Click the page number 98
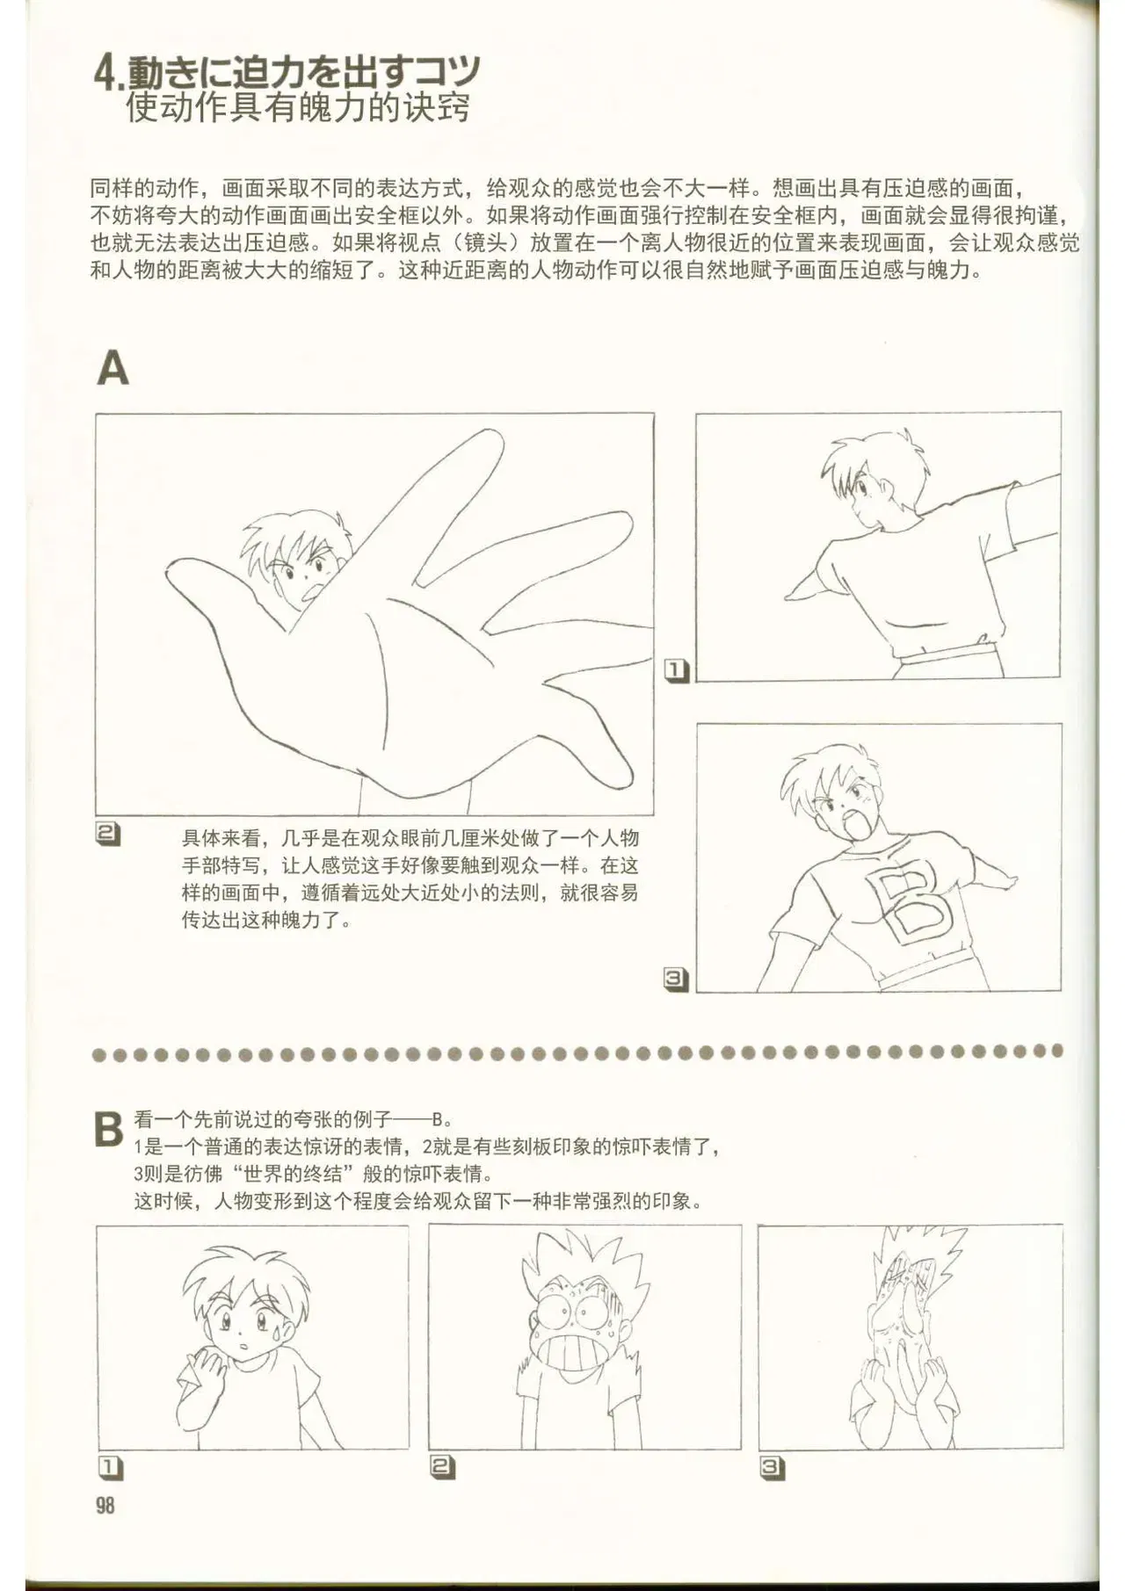[x=105, y=1505]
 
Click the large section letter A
[x=112, y=368]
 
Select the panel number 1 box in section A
[x=676, y=670]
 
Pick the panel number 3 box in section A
[x=676, y=980]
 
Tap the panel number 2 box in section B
[x=442, y=1466]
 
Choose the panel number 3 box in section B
[x=773, y=1467]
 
